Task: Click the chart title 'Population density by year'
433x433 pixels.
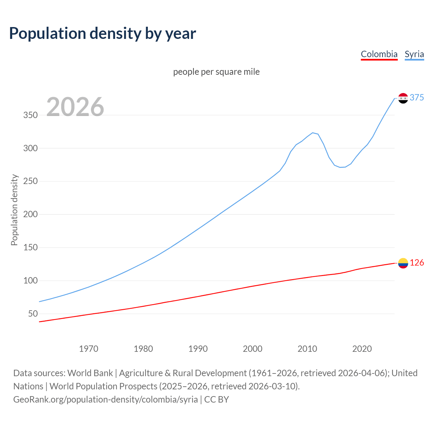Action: tap(102, 33)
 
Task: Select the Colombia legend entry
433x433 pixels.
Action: tap(379, 54)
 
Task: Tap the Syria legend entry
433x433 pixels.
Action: tap(414, 54)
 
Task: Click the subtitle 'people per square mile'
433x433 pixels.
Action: tap(216, 72)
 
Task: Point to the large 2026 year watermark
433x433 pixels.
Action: tap(75, 107)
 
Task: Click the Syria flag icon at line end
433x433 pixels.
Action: tap(403, 98)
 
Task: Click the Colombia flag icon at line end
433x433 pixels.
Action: tap(403, 263)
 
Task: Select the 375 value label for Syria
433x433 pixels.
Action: tap(416, 98)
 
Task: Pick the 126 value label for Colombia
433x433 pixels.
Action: tap(417, 263)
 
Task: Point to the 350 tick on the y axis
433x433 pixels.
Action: tap(30, 115)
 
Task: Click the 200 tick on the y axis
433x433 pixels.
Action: tap(30, 214)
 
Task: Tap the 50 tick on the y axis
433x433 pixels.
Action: tap(33, 314)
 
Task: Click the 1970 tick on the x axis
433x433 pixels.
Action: tap(89, 349)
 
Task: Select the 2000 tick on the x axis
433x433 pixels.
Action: tap(253, 349)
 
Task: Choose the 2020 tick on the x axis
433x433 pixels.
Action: tap(362, 349)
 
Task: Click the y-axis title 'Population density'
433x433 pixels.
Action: tap(14, 210)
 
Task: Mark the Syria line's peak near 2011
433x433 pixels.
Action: tap(313, 133)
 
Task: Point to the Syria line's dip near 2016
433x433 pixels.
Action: tap(340, 167)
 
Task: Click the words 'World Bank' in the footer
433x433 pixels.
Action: tap(90, 373)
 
